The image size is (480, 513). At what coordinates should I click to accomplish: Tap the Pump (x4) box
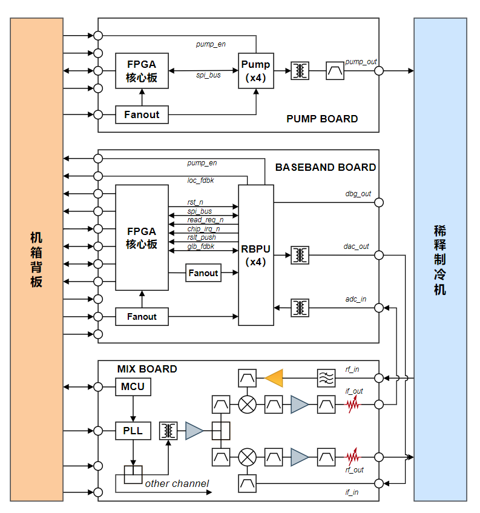(x=256, y=71)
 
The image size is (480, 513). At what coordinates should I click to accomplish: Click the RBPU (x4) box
(x=256, y=255)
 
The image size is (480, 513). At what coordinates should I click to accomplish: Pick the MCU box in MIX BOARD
(x=133, y=386)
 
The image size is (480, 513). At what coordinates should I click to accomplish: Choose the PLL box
(x=133, y=431)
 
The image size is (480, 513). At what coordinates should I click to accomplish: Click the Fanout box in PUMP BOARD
(x=142, y=114)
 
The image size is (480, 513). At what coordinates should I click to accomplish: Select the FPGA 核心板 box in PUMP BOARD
(x=142, y=71)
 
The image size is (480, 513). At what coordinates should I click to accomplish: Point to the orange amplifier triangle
(x=274, y=378)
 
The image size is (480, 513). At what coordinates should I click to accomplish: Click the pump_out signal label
(x=361, y=62)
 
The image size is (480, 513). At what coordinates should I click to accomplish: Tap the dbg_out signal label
(x=358, y=194)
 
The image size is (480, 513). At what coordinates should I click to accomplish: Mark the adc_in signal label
(x=356, y=299)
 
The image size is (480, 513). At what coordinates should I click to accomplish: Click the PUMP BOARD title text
(x=322, y=119)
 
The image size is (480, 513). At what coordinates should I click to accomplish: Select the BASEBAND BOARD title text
(x=326, y=167)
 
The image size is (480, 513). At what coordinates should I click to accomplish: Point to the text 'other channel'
(x=177, y=483)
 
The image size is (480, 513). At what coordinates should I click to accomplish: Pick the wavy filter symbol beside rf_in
(x=326, y=378)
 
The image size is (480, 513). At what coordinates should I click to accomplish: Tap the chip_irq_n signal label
(x=203, y=229)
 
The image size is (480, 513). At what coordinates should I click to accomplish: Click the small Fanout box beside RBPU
(x=203, y=273)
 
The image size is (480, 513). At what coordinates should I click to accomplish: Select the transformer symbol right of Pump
(x=300, y=71)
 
